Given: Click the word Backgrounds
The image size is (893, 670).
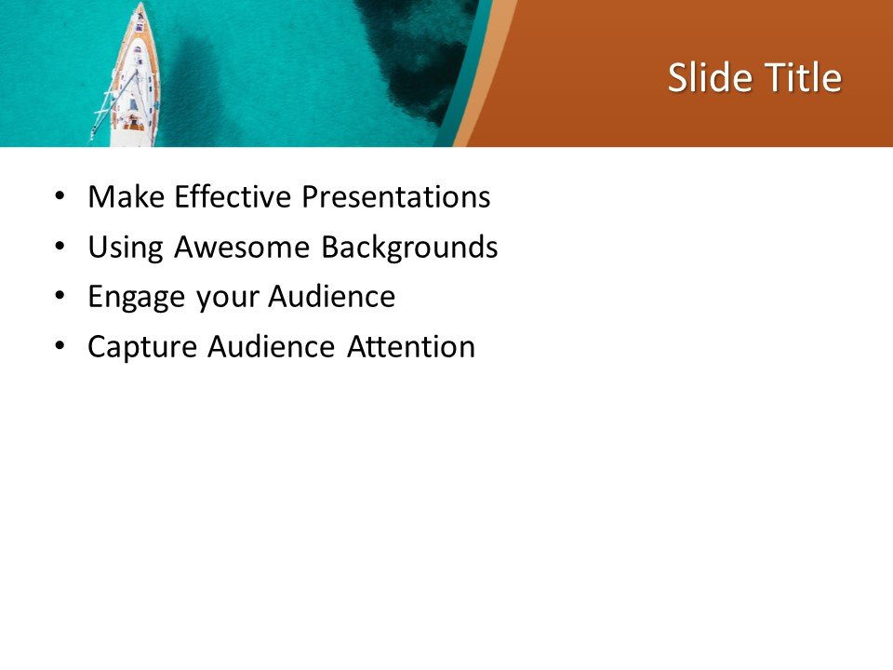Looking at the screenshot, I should pyautogui.click(x=409, y=248).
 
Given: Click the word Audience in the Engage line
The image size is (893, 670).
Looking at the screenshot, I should pyautogui.click(x=332, y=298).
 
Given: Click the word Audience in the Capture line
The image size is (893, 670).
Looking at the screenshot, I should pyautogui.click(x=271, y=347).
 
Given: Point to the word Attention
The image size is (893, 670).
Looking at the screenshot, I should pyautogui.click(x=411, y=347).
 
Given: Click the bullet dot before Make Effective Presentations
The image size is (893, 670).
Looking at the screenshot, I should pyautogui.click(x=60, y=197).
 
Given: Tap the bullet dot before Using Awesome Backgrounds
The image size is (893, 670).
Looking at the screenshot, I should pyautogui.click(x=60, y=248).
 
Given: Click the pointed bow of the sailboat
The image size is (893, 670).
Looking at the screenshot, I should pyautogui.click(x=140, y=7).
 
